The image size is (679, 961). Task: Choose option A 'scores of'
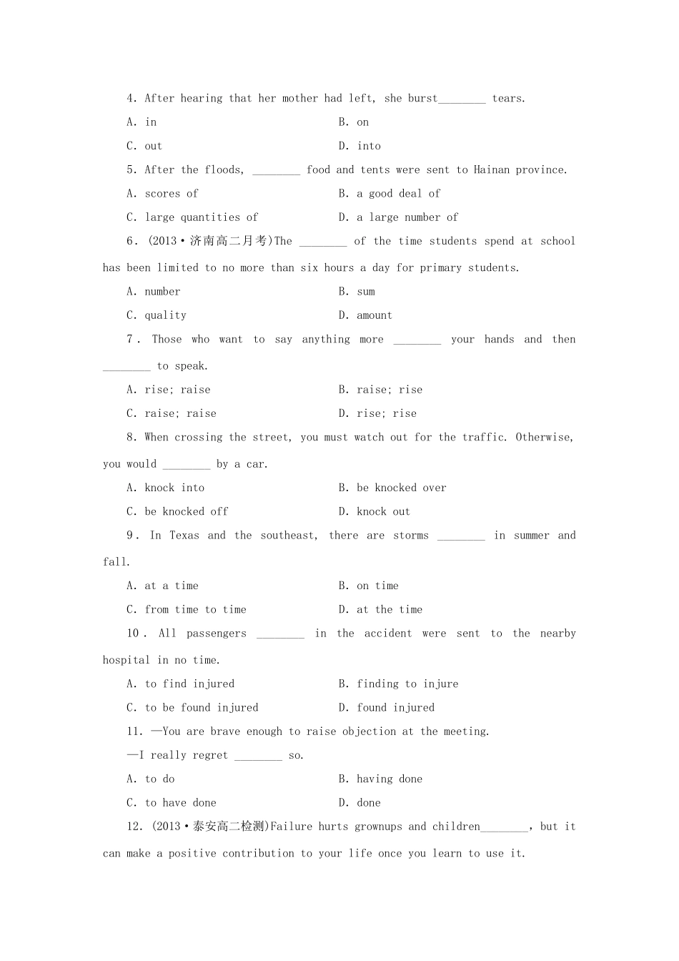163,194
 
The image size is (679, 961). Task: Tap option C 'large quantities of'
192,217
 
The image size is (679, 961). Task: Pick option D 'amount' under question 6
365,315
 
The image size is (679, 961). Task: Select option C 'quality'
157,315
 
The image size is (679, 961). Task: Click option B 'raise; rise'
381,390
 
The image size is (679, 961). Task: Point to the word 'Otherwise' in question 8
544,438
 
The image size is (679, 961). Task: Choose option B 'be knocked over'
392,488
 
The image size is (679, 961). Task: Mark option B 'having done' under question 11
381,779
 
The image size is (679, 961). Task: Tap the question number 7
130,340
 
